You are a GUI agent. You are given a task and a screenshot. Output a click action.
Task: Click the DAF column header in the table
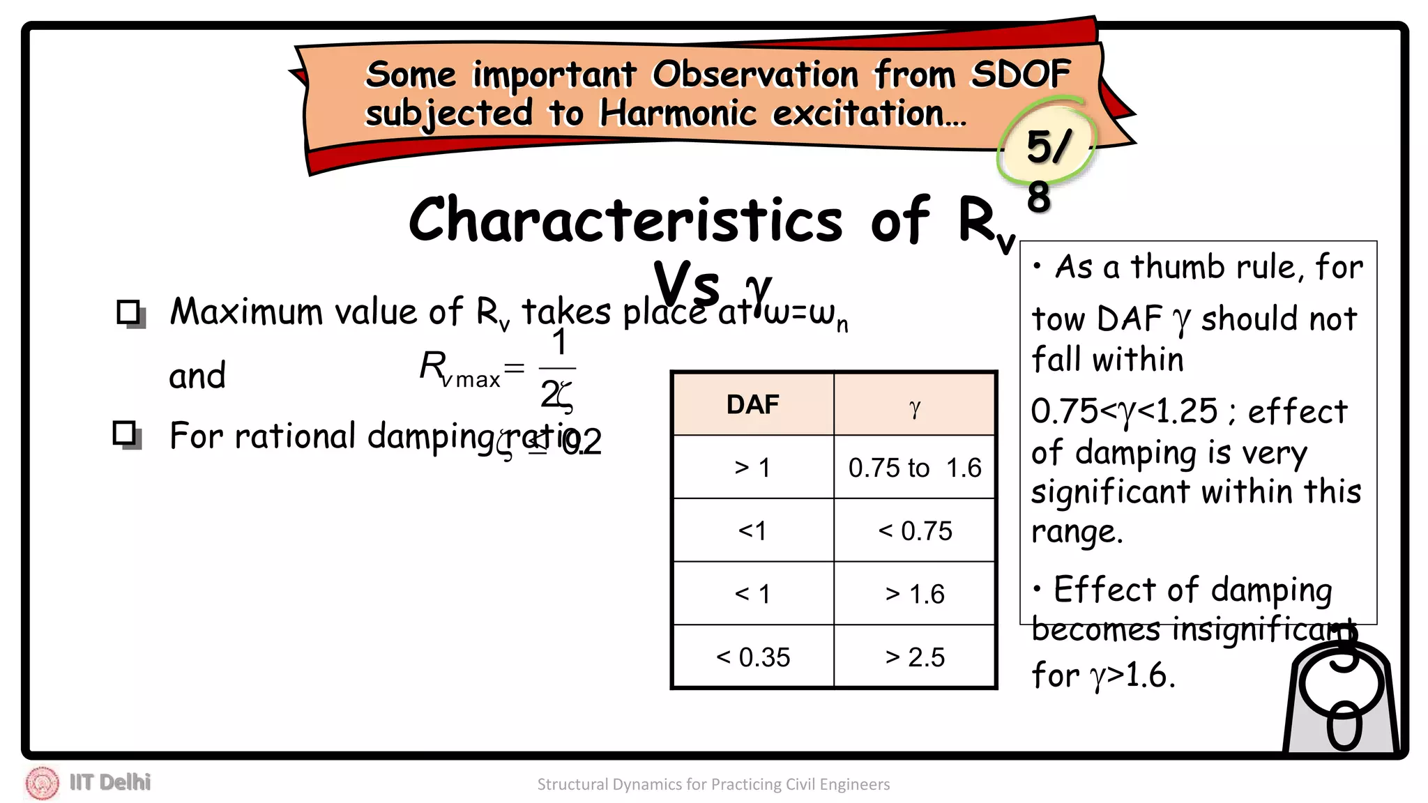(x=752, y=405)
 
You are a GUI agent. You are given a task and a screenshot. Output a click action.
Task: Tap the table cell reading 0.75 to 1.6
(x=915, y=468)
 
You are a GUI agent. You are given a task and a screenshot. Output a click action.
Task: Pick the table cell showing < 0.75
(x=915, y=531)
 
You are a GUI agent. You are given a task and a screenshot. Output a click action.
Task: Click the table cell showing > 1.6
(x=915, y=595)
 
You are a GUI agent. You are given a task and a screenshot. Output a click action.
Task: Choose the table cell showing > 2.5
(x=915, y=657)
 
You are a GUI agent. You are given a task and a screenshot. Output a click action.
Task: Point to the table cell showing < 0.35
(x=752, y=657)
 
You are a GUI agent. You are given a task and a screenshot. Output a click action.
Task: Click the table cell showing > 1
(x=752, y=468)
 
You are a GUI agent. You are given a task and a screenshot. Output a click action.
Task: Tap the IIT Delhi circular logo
(x=42, y=783)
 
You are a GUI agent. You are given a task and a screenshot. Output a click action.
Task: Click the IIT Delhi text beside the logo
(x=110, y=783)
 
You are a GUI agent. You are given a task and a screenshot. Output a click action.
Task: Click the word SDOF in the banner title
(x=1021, y=74)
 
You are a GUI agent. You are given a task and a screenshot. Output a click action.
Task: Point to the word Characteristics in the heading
(x=625, y=220)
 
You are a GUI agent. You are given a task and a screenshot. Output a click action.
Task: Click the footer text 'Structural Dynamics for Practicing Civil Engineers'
(x=713, y=785)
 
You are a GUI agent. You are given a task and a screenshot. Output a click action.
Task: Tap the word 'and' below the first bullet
(x=197, y=376)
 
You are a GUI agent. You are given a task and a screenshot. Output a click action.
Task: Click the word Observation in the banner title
(x=755, y=74)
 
